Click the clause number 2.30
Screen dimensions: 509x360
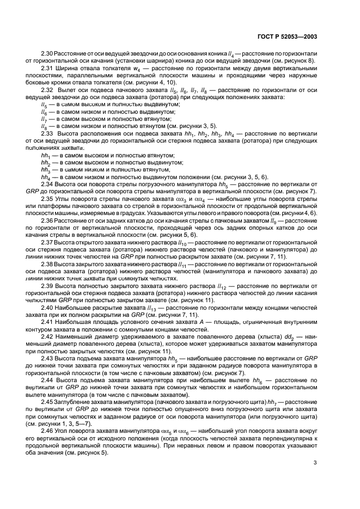47,54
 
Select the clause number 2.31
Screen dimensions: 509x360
47,68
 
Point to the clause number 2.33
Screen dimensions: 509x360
47,132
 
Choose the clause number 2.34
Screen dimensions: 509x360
47,185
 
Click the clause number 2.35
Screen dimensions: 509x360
47,199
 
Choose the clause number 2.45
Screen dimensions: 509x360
47,400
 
